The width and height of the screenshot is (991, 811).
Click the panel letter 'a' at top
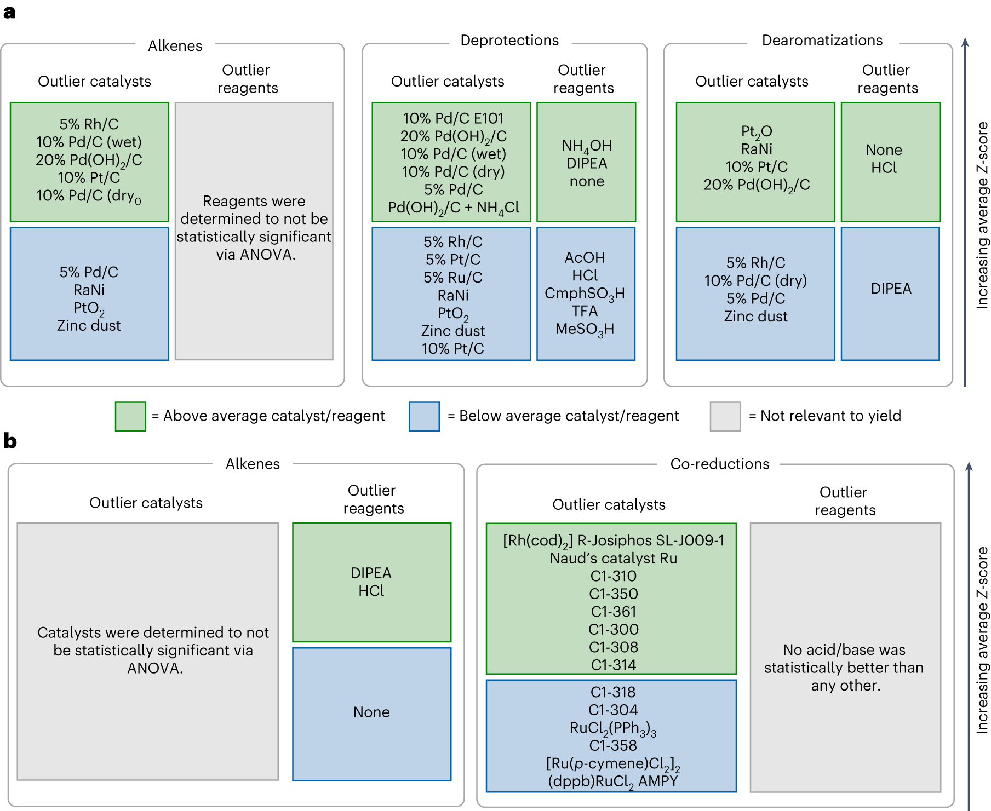[x=9, y=12]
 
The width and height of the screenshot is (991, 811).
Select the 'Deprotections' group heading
[x=509, y=41]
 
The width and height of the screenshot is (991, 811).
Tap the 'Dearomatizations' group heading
[x=822, y=41]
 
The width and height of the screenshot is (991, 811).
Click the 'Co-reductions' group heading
[x=720, y=464]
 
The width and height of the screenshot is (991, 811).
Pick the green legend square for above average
[x=130, y=416]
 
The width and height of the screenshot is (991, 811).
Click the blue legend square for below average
[x=424, y=416]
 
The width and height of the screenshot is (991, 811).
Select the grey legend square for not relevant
[x=725, y=416]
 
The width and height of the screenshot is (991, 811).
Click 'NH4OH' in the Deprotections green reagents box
[x=587, y=146]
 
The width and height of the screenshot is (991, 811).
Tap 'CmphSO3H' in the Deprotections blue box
[x=585, y=294]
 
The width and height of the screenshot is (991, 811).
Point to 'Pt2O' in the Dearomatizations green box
[x=757, y=131]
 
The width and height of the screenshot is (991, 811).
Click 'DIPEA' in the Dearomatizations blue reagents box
[x=891, y=289]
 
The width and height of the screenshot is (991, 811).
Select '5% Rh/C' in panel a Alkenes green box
[x=89, y=124]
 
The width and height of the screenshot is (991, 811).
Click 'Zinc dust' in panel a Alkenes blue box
[x=89, y=325]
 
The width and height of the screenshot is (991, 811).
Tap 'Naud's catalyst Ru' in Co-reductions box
[x=613, y=558]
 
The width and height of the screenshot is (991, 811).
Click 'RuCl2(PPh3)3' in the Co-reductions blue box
[x=613, y=728]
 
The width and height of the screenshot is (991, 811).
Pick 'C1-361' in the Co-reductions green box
[x=613, y=611]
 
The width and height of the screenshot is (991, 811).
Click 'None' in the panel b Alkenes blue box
[x=371, y=712]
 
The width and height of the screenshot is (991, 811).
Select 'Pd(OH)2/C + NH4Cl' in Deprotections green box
[x=453, y=208]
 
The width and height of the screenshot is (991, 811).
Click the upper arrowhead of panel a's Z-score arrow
[x=965, y=42]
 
